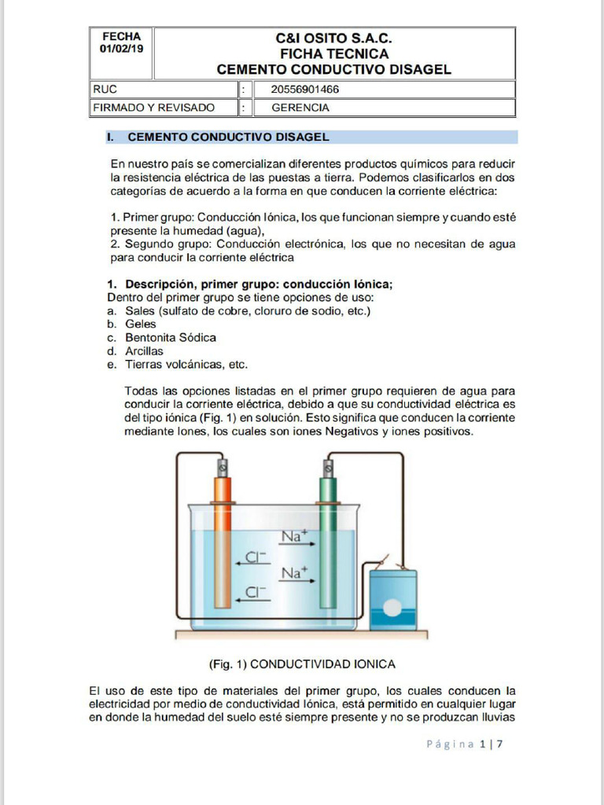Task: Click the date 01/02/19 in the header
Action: [121, 49]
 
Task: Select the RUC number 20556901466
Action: [305, 89]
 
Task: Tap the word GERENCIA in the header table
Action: [300, 108]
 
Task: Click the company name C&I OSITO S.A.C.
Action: [333, 39]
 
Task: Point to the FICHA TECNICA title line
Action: [333, 53]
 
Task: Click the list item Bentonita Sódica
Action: [170, 337]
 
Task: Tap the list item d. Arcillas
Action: [144, 351]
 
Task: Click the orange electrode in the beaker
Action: [223, 542]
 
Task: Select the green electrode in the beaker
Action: [327, 542]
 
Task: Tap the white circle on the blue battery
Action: [392, 608]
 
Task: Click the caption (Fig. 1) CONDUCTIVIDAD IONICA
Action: [302, 663]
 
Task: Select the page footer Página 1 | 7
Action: [464, 744]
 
